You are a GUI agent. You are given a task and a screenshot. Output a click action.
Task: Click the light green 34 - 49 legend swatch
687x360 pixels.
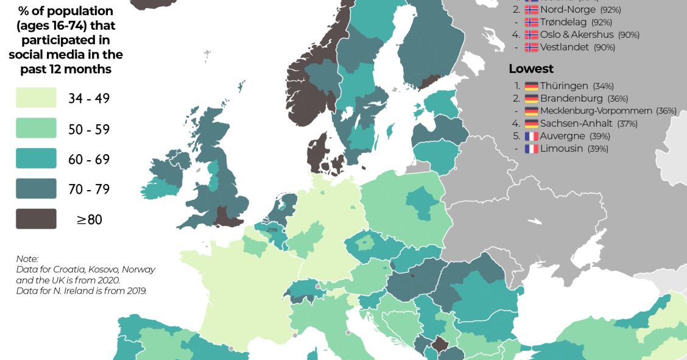(36, 98)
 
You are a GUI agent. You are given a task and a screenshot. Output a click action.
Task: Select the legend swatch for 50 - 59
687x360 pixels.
(36, 129)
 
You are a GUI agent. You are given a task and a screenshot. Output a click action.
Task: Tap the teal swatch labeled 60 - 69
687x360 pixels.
(36, 158)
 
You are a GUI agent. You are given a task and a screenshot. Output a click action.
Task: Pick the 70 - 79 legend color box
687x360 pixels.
(36, 189)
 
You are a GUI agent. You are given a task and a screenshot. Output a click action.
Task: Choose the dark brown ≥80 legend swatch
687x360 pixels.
(36, 219)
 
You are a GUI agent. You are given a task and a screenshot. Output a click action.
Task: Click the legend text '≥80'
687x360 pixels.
(89, 220)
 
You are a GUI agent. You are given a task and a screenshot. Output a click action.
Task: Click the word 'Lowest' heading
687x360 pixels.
(531, 68)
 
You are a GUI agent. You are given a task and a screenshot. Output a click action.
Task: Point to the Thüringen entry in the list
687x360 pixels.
(564, 86)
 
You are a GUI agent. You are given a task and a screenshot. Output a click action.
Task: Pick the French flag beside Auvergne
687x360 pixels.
(531, 136)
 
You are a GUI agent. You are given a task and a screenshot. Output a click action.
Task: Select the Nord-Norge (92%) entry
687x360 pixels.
(569, 10)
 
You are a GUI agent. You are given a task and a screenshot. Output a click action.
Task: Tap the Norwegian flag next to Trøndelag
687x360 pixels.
(531, 22)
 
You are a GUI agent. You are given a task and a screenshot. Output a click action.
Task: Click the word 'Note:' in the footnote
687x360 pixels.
(27, 258)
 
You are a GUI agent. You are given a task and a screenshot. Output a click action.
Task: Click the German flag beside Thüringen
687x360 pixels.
(531, 86)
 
